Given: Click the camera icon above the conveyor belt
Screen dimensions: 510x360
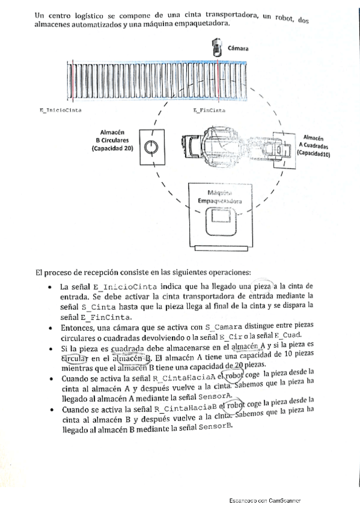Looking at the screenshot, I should coord(217,48).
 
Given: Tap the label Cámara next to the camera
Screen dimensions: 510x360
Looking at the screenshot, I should coord(239,48).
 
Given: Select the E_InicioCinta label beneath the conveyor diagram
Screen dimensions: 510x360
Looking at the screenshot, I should coord(60,111).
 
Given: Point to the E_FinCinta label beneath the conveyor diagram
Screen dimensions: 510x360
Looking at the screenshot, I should coord(209,111).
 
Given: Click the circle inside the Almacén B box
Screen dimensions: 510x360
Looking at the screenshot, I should coord(152,146).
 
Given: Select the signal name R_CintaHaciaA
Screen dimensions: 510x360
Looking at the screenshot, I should coord(182,378).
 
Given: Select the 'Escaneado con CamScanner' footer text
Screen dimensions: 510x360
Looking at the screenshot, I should coord(264,500).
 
